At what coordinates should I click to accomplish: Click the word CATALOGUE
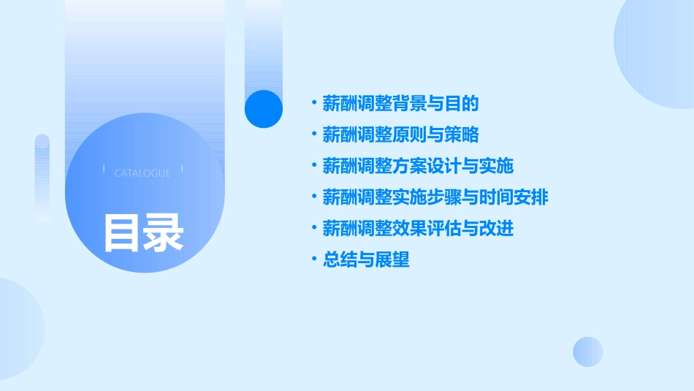tap(142, 173)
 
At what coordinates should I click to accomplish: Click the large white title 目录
tap(143, 232)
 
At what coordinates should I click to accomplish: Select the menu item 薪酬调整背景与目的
tap(400, 104)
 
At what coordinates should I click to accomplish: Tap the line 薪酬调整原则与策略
tap(400, 135)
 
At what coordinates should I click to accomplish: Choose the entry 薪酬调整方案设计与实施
tap(418, 166)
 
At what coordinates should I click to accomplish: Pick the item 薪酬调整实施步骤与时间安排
tap(435, 197)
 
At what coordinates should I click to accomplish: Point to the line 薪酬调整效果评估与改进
tap(418, 229)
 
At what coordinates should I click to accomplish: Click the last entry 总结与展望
tap(366, 259)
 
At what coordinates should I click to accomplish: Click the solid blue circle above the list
tap(263, 109)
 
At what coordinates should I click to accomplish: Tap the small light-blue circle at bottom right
tap(588, 352)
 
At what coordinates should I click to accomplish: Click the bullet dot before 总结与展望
tap(314, 259)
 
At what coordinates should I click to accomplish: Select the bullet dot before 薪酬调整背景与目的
tap(314, 104)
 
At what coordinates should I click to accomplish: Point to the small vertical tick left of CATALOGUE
tap(104, 170)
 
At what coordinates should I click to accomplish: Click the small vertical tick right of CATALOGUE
tap(181, 170)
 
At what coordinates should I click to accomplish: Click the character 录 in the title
tap(164, 232)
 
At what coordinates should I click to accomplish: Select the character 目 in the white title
tap(122, 232)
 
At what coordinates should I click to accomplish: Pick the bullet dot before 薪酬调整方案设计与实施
tap(314, 166)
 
